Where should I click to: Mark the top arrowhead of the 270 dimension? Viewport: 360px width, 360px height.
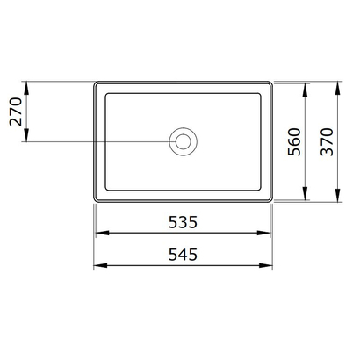tap(29, 86)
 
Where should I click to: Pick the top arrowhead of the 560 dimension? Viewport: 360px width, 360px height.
tap(305, 86)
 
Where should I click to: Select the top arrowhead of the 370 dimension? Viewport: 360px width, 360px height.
tap(338, 86)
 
